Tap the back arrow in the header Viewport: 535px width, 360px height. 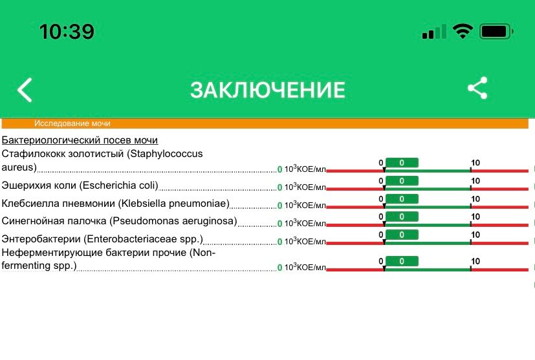point(25,90)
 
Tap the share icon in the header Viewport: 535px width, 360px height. point(477,89)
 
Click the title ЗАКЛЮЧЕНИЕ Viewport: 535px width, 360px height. point(267,90)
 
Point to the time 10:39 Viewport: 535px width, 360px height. point(67,31)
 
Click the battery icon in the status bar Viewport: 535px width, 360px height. point(497,31)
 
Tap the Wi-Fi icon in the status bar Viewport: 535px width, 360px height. point(463,31)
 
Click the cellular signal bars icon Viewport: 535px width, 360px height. point(433,32)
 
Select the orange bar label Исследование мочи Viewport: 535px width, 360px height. point(72,123)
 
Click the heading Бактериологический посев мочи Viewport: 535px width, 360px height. point(80,140)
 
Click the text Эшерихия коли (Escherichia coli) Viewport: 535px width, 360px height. point(80,186)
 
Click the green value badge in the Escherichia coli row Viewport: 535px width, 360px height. point(402,181)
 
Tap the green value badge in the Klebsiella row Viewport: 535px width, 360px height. point(402,199)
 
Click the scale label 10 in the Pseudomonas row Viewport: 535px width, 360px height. point(475,217)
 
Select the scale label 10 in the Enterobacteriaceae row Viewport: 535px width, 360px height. point(475,235)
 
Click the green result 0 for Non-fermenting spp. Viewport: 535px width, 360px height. point(280,268)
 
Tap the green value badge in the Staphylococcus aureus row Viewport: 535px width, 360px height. point(402,162)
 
